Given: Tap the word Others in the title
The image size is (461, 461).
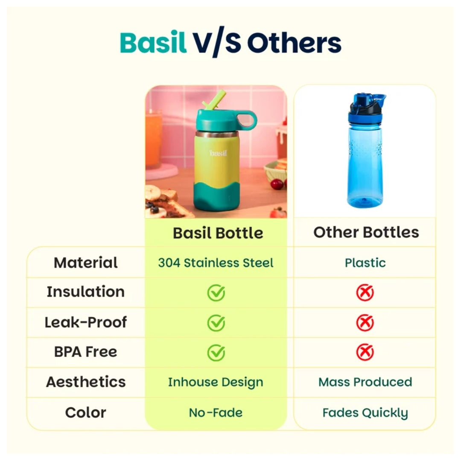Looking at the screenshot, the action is point(294,43).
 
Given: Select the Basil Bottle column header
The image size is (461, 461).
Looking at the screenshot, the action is point(218,233).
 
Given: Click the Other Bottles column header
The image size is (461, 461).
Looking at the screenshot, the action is point(366,232).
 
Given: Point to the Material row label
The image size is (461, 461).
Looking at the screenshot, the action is point(85,263).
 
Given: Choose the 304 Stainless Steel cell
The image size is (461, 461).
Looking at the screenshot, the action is point(216,263).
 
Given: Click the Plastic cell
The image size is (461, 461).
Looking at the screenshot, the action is point(365,263).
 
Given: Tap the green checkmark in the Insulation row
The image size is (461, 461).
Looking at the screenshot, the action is point(216,293).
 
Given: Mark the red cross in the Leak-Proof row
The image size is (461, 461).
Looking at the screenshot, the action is point(365,323).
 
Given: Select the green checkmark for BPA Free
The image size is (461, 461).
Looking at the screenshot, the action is point(216,353).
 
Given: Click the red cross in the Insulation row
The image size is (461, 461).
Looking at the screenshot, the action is point(365,293).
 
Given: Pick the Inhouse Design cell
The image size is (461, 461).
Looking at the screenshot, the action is point(216,382).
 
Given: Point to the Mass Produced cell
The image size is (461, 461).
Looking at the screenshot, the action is point(365,382).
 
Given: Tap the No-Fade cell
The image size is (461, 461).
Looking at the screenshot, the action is point(216,412).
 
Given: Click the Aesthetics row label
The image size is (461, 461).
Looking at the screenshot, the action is point(86,382).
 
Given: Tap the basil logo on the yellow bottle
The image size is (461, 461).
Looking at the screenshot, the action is point(218,153).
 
